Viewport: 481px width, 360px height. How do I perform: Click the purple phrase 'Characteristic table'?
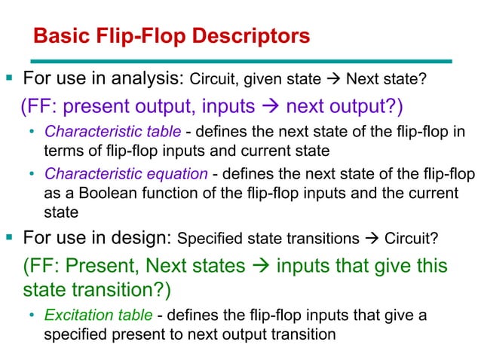112,132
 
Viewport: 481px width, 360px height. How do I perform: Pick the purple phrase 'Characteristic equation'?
124,175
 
